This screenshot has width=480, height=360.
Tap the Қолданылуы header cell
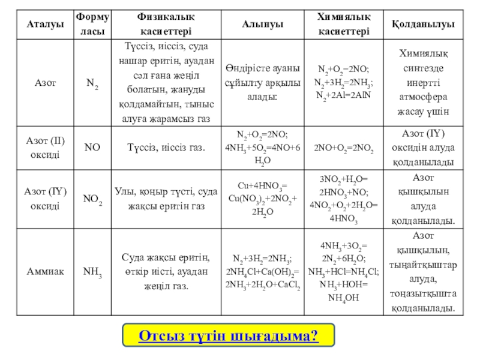pos(422,25)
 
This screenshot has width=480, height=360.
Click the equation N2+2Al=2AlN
pos(344,95)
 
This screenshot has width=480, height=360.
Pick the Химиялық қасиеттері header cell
pos(344,25)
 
